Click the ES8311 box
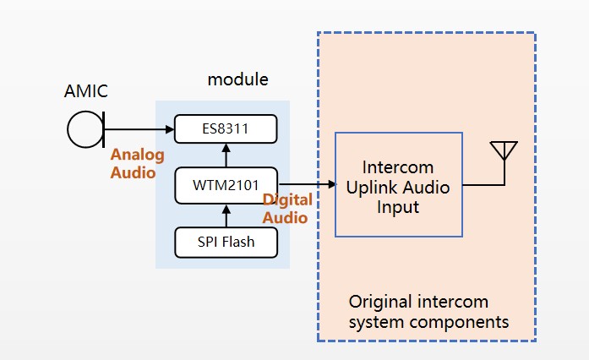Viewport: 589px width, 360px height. tap(226, 129)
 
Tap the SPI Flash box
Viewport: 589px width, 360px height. tap(226, 243)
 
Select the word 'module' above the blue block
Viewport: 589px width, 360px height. tap(237, 80)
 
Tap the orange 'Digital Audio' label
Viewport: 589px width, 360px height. tap(287, 208)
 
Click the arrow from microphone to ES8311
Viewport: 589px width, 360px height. tap(139, 130)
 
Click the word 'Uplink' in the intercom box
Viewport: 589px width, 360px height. tap(372, 187)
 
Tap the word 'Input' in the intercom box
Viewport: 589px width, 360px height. tap(398, 207)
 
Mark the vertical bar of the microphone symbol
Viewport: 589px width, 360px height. tap(102, 131)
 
